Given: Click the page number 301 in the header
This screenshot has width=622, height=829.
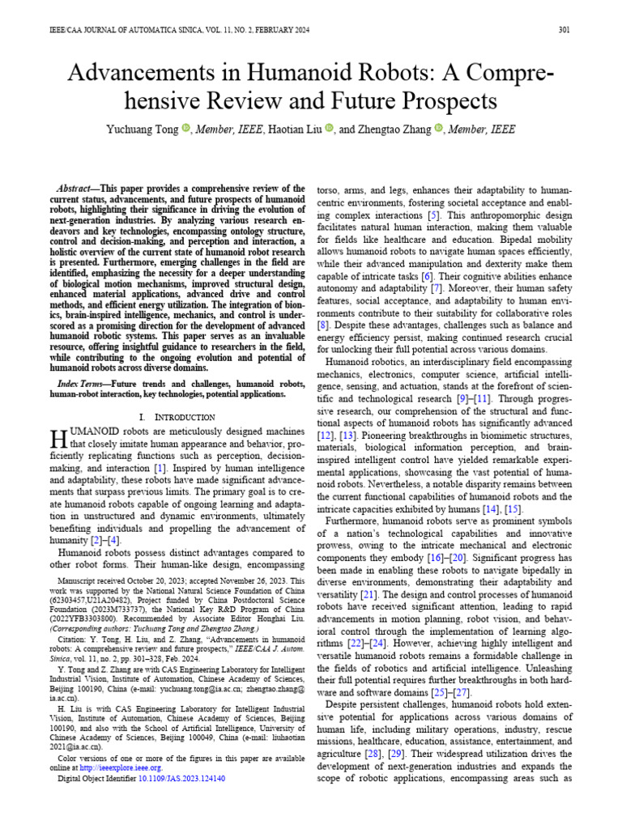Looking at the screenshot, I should pos(564,30).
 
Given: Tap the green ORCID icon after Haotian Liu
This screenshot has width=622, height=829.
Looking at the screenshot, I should pos(329,128).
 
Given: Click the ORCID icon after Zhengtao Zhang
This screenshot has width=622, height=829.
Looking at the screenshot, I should pos(440,128).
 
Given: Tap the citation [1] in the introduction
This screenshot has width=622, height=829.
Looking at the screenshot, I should pos(160,467).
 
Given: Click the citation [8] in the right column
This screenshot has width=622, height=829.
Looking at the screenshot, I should pos(323,325).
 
